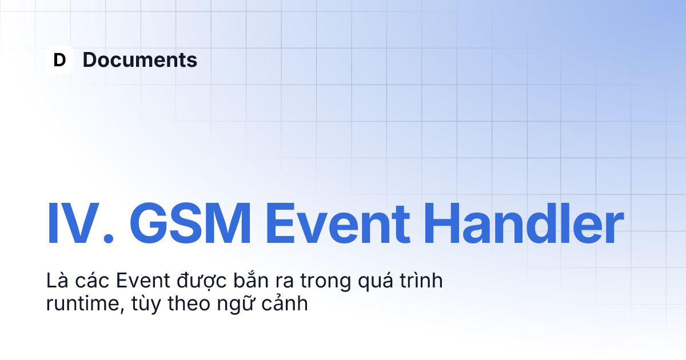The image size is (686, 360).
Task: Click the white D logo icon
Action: click(59, 59)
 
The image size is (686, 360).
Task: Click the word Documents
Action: click(140, 59)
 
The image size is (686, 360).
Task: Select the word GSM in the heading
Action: click(190, 223)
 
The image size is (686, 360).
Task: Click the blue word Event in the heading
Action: click(338, 223)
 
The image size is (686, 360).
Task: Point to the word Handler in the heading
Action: click(524, 223)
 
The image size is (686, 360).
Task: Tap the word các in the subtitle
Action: click(92, 280)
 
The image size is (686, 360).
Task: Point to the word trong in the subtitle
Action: click(325, 282)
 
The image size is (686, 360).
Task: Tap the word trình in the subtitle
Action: click(421, 280)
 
